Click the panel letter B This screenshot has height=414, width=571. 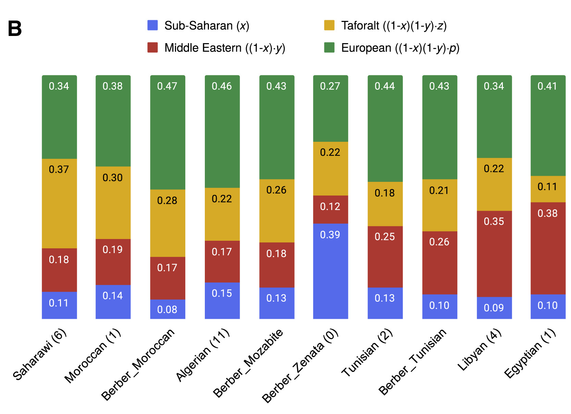[x=15, y=29]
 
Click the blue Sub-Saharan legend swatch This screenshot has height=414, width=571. [x=152, y=25]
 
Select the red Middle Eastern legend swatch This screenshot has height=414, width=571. [x=152, y=48]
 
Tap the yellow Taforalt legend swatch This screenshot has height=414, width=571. [x=329, y=25]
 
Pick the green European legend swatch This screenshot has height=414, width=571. [x=329, y=48]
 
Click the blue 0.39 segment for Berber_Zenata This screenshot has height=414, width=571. [x=331, y=271]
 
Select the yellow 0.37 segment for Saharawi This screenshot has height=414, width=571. [x=59, y=203]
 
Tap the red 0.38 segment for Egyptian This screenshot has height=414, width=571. [x=548, y=248]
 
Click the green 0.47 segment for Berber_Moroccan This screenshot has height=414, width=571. [x=167, y=132]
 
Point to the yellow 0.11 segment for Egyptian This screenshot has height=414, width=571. [x=548, y=189]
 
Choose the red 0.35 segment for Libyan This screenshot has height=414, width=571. [x=494, y=254]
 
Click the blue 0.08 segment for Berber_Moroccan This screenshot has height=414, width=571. [x=167, y=309]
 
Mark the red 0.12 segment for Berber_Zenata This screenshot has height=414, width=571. [x=331, y=210]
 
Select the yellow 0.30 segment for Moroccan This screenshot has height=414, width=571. [x=113, y=203]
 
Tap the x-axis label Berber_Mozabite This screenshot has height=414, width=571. [x=248, y=363]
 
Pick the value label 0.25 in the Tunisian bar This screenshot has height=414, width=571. [x=385, y=237]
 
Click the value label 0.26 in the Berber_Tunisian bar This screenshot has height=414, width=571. [x=439, y=242]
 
